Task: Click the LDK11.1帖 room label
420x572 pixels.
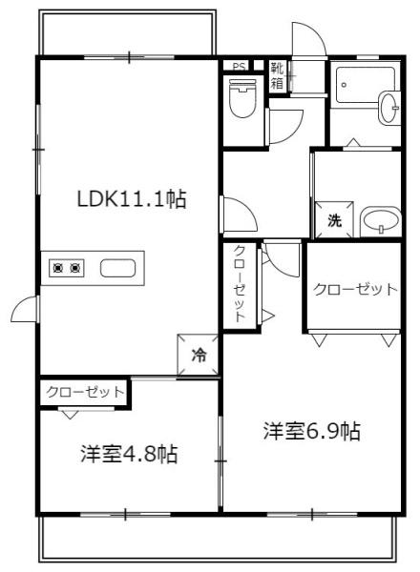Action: point(131,199)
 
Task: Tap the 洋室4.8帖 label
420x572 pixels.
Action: point(129,453)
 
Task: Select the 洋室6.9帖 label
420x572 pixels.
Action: point(312,431)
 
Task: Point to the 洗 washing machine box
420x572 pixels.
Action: point(335,219)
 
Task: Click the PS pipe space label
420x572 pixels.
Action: point(236,67)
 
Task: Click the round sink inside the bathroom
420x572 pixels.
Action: point(390,107)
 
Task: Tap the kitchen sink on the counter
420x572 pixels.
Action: point(117,268)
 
